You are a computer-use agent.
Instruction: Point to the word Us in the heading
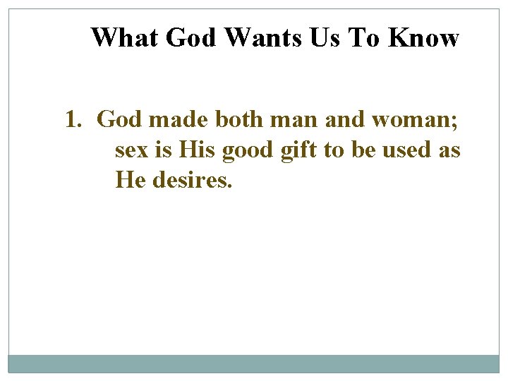(324, 37)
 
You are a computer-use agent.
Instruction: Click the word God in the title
(191, 37)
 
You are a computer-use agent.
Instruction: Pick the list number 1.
(72, 120)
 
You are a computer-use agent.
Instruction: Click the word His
(198, 150)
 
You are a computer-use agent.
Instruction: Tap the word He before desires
(129, 181)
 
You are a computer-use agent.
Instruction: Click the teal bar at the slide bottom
(254, 363)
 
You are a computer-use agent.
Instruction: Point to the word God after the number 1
(119, 120)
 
